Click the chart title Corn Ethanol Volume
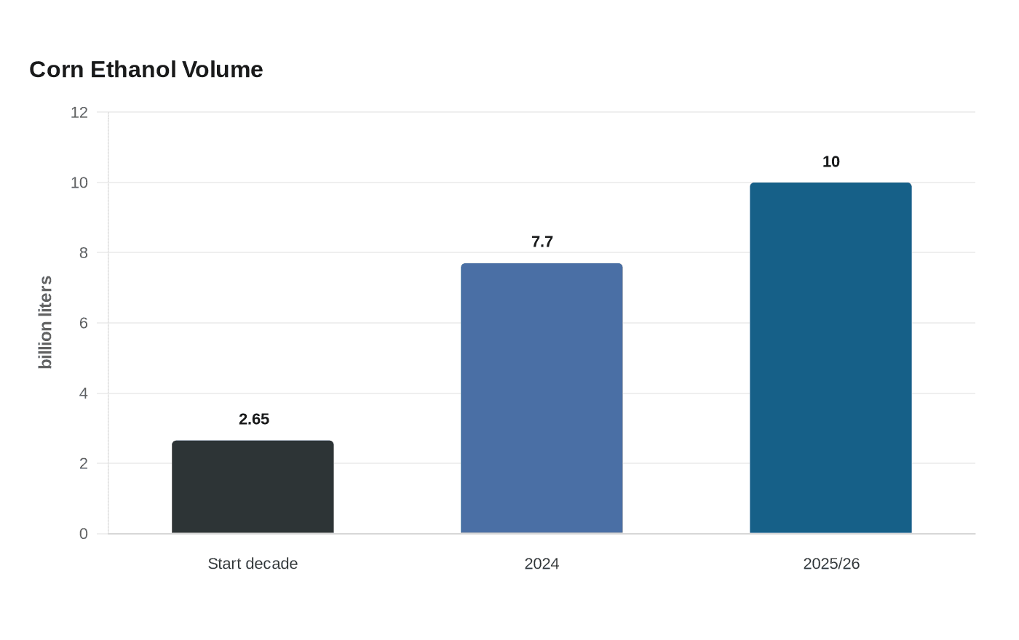(146, 70)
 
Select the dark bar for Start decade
(253, 487)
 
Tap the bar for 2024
(542, 399)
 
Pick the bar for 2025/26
(830, 358)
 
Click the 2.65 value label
(254, 419)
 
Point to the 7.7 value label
(542, 241)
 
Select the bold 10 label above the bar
(831, 161)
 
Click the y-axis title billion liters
(45, 322)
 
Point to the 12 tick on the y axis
(79, 113)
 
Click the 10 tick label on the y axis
(79, 183)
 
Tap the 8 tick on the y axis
(83, 253)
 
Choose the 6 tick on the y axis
(83, 323)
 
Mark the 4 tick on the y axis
(83, 393)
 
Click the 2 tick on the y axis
(83, 464)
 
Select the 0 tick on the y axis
(83, 534)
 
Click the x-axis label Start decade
(253, 564)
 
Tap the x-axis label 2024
(542, 564)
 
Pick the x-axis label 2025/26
(831, 564)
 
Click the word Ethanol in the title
(133, 70)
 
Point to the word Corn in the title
(57, 70)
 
